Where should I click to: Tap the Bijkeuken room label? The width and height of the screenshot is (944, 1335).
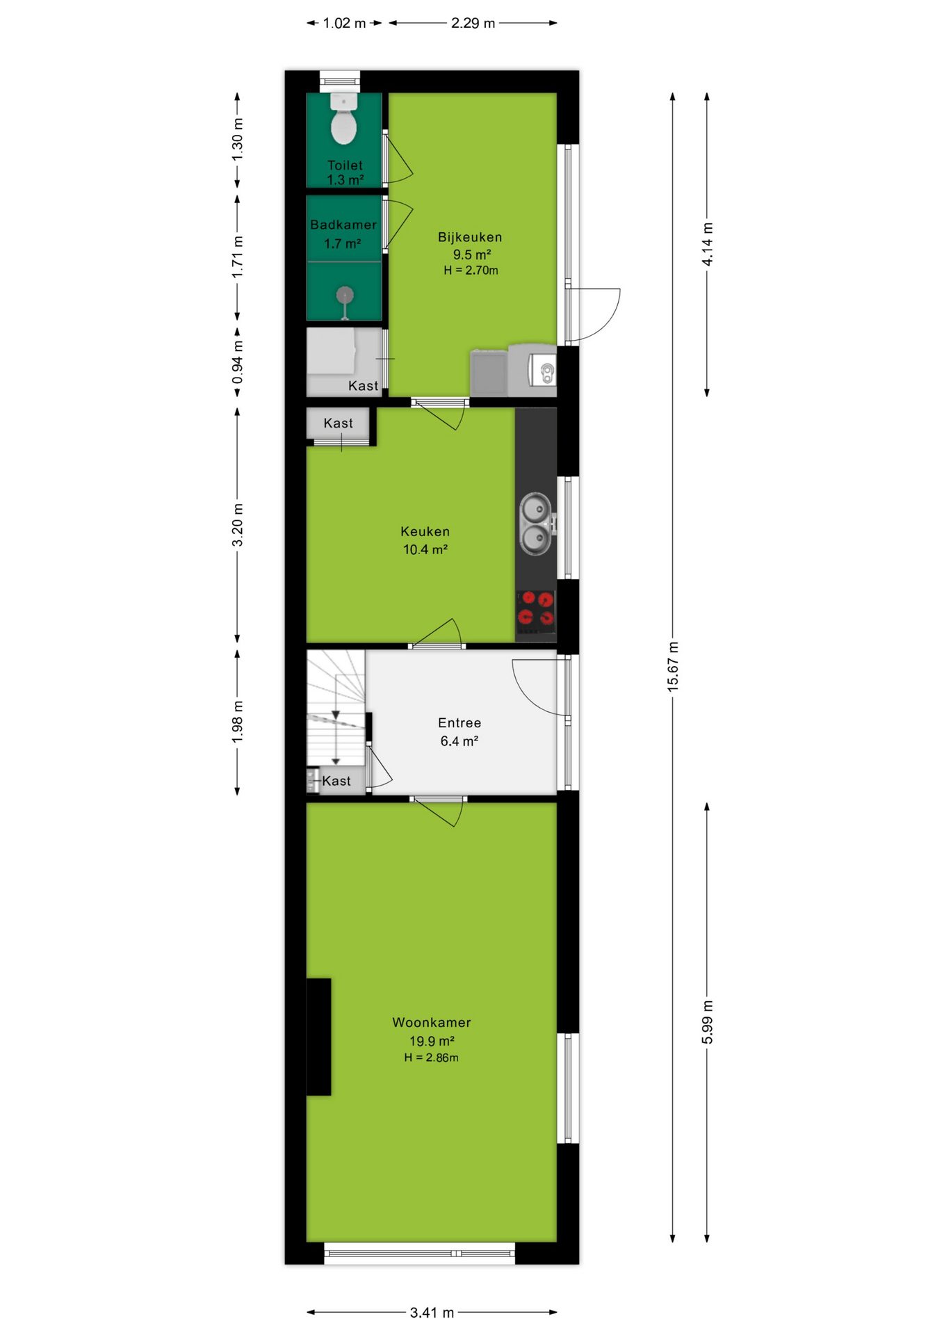(470, 237)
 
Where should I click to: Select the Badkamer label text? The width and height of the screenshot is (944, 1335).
(343, 225)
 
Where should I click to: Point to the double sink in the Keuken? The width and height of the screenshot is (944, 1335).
(537, 524)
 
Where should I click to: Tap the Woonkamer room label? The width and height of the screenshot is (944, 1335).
(432, 1023)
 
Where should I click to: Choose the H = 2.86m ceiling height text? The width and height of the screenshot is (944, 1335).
(432, 1058)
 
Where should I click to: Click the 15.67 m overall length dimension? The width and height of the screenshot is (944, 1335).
(673, 667)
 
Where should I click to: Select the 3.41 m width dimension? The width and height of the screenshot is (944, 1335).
(432, 1313)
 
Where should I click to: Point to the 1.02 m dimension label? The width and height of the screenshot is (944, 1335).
(344, 23)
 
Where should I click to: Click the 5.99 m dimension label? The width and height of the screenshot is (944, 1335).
(708, 1022)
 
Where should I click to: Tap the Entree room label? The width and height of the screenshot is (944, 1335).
(459, 723)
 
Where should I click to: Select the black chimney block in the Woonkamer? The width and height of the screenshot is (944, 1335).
(319, 1037)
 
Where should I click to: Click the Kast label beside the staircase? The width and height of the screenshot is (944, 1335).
(336, 782)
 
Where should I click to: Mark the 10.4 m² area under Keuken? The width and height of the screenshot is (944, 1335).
(425, 550)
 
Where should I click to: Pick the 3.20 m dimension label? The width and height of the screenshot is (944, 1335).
(238, 525)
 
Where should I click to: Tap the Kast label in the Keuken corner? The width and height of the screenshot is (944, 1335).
(339, 423)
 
